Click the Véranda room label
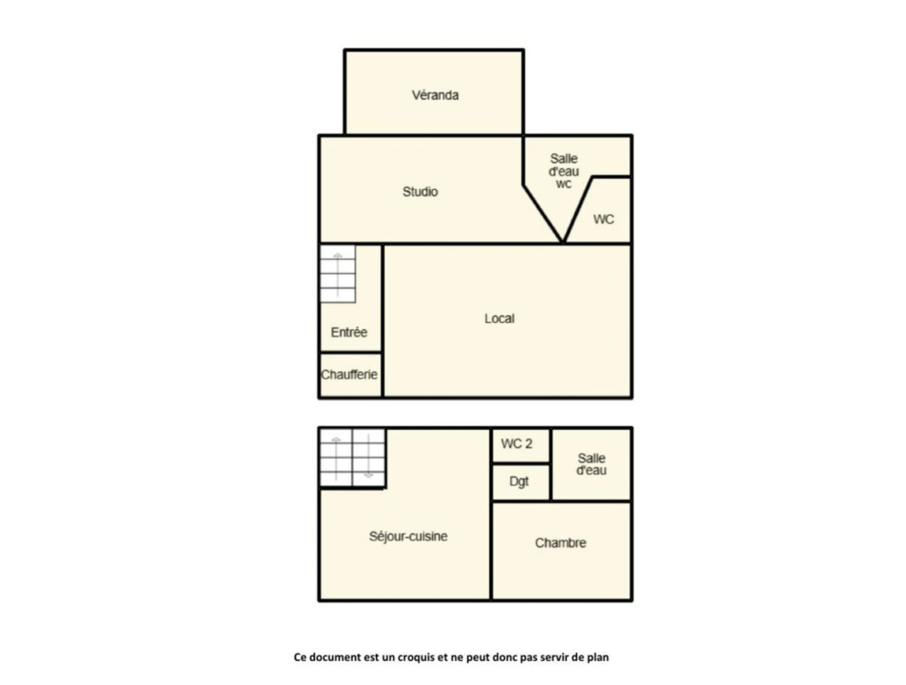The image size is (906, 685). (435, 95)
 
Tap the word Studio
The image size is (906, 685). (420, 192)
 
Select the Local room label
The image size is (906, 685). (499, 319)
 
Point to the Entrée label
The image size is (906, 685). (349, 332)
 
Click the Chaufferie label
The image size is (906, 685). (349, 375)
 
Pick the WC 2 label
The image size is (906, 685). (517, 444)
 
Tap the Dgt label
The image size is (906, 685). (519, 482)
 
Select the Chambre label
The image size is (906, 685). (561, 543)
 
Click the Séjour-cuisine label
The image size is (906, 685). (408, 536)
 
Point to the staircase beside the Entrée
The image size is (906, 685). (338, 274)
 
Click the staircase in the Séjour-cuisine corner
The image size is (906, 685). (352, 457)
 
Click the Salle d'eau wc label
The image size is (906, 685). (564, 171)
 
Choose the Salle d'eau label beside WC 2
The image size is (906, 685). (592, 465)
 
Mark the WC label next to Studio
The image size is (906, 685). (604, 220)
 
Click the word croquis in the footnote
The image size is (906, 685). (416, 658)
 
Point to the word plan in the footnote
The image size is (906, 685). (598, 658)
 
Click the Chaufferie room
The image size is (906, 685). (351, 375)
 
